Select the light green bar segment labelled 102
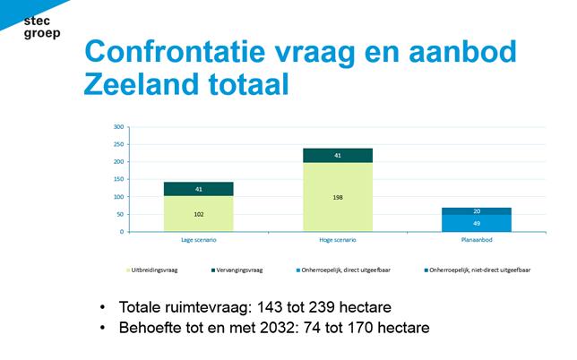pos(198,214)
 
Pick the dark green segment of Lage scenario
pos(198,189)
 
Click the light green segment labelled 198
pos(338,197)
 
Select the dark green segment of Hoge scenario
pos(338,156)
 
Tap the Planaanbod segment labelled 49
pos(477,223)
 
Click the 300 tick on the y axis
pos(117,127)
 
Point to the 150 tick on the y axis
pos(117,179)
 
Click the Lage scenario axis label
pos(198,240)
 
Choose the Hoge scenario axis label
pos(338,240)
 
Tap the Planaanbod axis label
pos(477,240)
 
